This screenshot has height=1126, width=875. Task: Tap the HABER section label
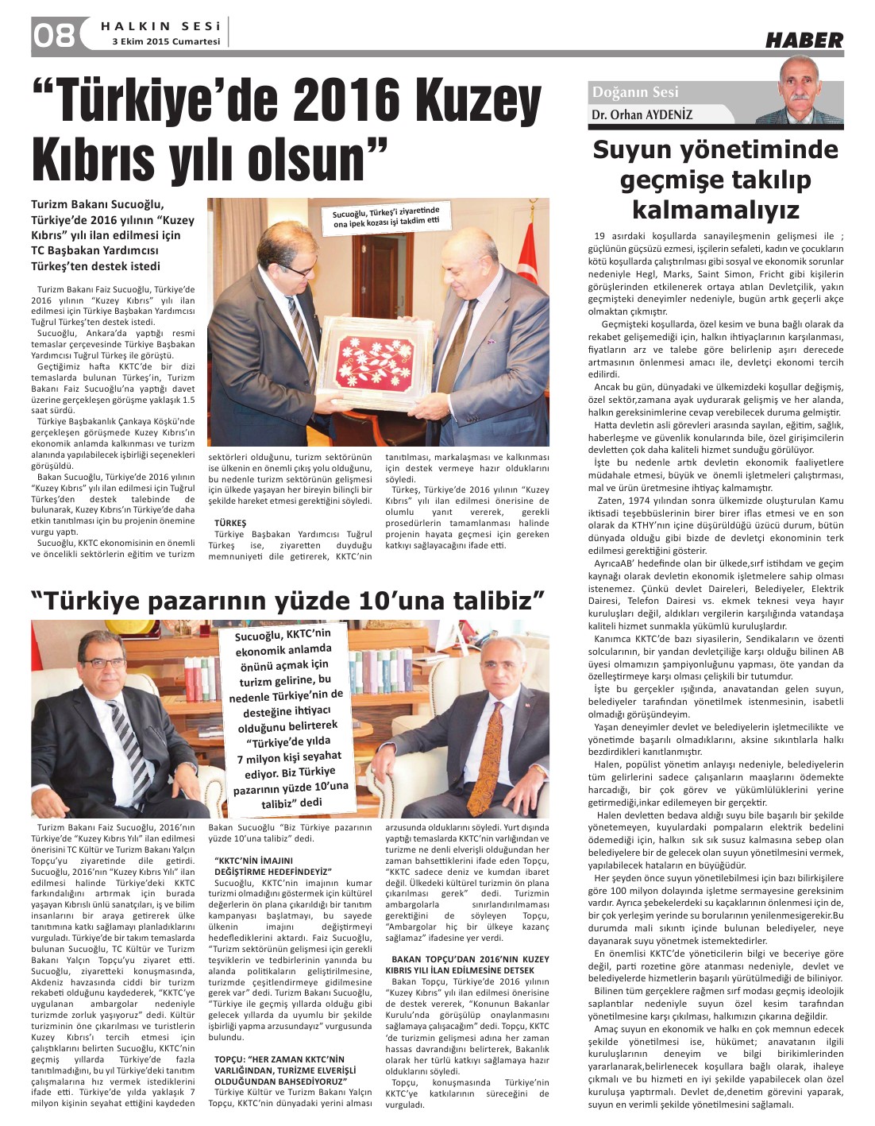[804, 40]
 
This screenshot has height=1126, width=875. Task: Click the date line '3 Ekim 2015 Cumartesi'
[166, 42]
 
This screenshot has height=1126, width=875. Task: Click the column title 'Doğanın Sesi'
[634, 92]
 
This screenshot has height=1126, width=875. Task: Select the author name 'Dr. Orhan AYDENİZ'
[642, 114]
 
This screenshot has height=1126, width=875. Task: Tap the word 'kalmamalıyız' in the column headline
[715, 210]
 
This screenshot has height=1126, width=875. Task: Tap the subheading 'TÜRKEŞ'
[230, 522]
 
